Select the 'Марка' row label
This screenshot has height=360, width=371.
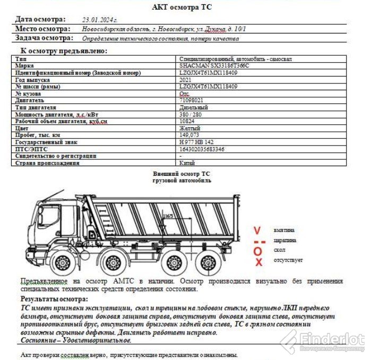point(25,65)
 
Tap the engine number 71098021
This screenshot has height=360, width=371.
point(191,100)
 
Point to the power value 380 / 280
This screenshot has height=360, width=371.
point(191,114)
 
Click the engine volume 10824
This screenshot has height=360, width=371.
point(187,121)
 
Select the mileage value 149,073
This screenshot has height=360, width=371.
point(191,135)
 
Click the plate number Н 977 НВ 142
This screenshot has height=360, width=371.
point(197,142)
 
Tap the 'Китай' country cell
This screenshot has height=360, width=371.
point(187,163)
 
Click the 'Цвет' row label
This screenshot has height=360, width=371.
point(22,128)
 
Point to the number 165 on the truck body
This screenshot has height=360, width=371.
point(169,216)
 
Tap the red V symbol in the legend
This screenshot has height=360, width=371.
point(257,231)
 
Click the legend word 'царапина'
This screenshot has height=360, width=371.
point(284,240)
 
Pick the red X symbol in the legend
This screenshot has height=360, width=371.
point(258,262)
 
